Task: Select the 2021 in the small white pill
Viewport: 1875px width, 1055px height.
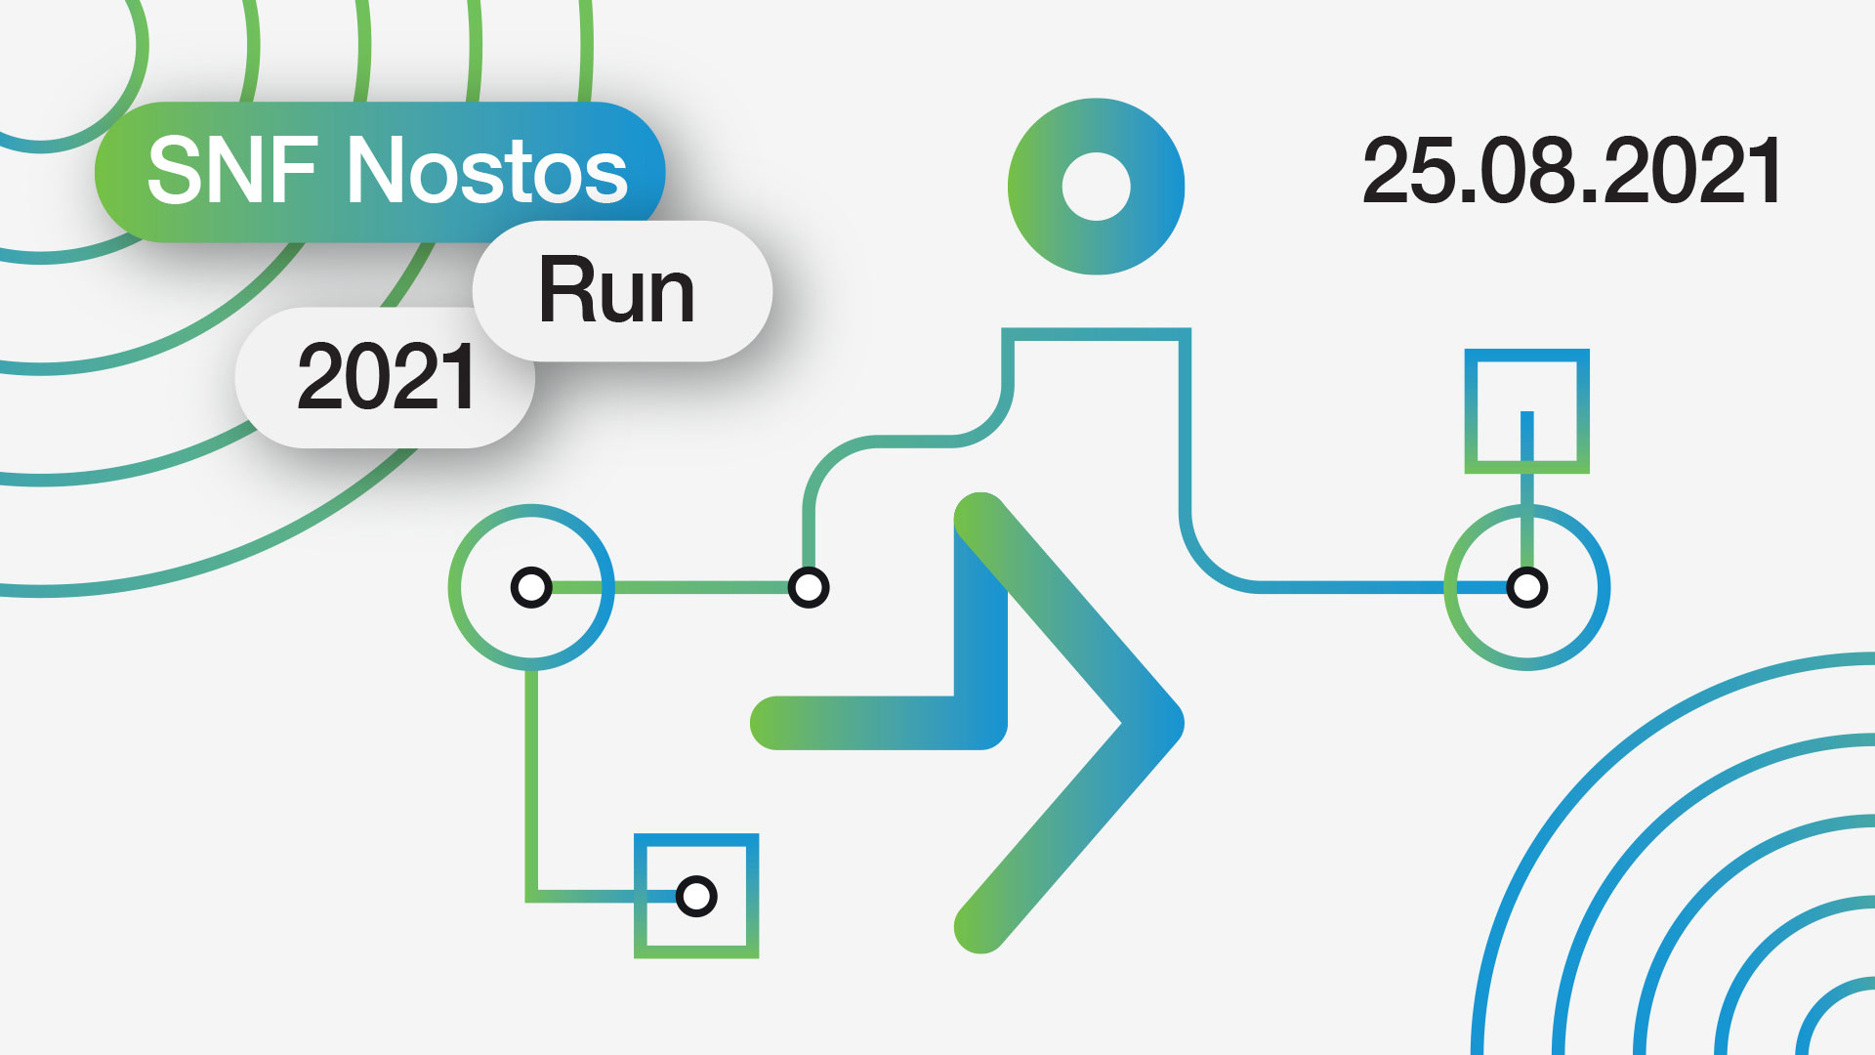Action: click(x=387, y=377)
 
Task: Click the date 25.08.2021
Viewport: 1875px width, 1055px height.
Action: click(x=1571, y=172)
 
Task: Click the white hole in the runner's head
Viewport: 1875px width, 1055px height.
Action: click(x=1096, y=187)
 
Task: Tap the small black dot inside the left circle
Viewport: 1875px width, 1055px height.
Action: click(x=531, y=587)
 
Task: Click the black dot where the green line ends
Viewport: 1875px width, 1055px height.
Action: click(x=809, y=587)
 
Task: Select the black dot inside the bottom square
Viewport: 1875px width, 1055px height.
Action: click(x=696, y=896)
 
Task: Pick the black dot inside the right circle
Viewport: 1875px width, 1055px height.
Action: click(x=1526, y=587)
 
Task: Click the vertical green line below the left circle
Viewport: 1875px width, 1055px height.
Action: click(x=531, y=781)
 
